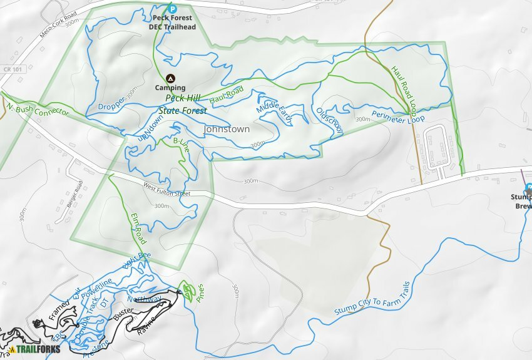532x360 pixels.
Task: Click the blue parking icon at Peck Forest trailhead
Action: [172, 9]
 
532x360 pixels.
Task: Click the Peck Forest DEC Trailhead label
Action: [172, 23]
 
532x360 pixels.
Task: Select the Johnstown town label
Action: [227, 129]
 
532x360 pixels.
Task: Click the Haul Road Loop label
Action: [404, 88]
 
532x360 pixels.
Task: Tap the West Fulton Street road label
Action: [166, 189]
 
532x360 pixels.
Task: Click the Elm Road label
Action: [139, 228]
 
